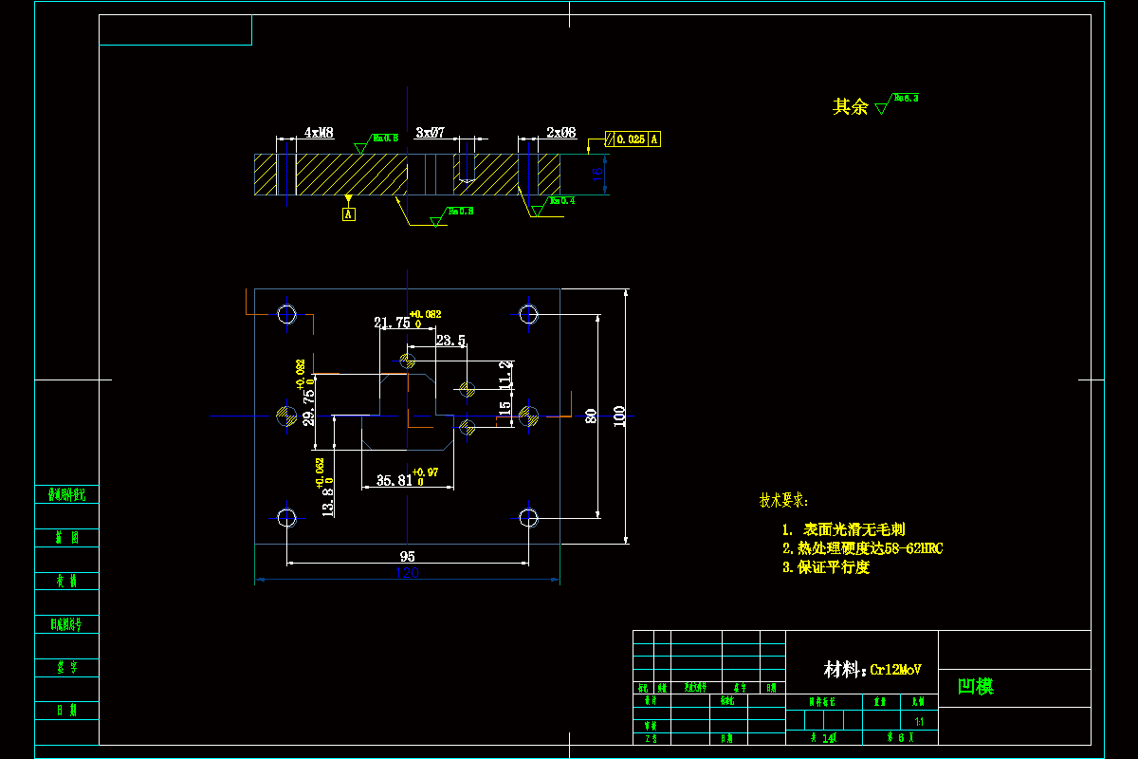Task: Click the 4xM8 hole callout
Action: click(319, 134)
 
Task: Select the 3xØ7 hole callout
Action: click(430, 134)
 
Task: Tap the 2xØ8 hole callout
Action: click(561, 134)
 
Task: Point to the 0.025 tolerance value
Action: click(631, 139)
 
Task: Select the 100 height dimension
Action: click(620, 417)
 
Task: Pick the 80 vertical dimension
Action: click(591, 417)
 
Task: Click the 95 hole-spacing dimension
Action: click(408, 556)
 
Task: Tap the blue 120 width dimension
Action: click(407, 572)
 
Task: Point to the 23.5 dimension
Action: click(450, 340)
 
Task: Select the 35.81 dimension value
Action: click(395, 481)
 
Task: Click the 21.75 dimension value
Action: click(392, 323)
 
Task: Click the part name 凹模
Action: click(976, 687)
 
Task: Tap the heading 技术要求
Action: click(784, 500)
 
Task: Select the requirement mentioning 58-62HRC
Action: click(863, 548)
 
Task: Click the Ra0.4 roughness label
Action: click(562, 201)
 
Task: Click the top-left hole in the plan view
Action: click(286, 314)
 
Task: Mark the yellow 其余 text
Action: click(850, 107)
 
